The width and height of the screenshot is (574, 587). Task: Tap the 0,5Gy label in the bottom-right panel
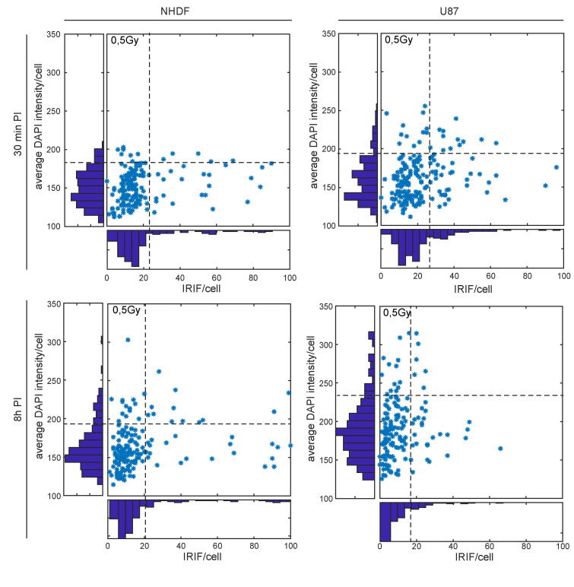397,313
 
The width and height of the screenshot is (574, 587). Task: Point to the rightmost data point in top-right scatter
557,167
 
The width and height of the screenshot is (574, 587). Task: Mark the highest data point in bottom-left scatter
128,340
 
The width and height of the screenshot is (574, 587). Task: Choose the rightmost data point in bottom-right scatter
500,449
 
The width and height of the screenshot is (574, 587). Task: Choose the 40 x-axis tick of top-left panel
180,278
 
